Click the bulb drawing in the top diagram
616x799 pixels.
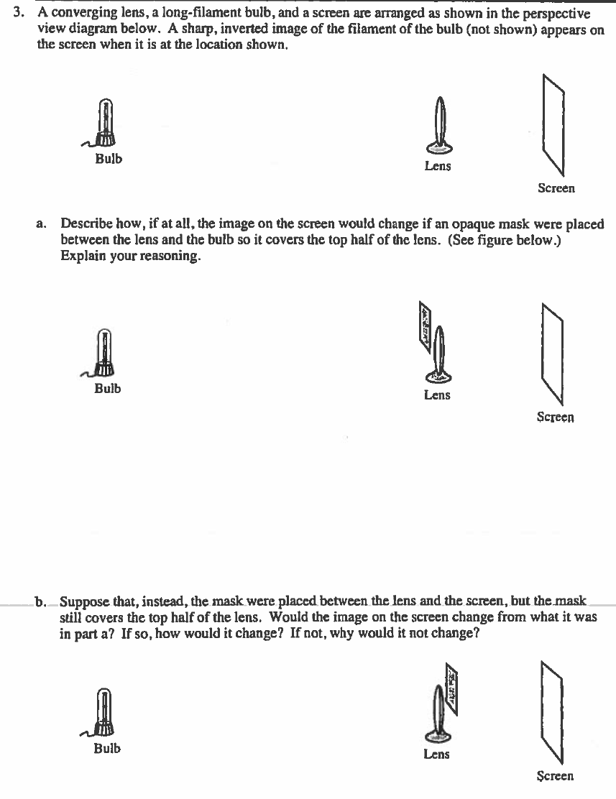tap(106, 124)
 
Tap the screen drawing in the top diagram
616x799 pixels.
tap(553, 124)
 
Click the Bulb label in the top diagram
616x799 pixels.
tap(109, 159)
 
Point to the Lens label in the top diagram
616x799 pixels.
tap(438, 166)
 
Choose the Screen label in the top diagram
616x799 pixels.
tap(556, 188)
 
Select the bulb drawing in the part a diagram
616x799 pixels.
tap(105, 353)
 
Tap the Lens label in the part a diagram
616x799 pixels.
tap(437, 394)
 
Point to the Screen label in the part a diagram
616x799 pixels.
tap(555, 417)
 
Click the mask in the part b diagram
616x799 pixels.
tap(453, 688)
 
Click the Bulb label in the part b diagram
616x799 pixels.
tap(107, 748)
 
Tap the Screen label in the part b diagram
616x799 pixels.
tap(555, 776)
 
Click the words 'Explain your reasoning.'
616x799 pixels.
tap(130, 257)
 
